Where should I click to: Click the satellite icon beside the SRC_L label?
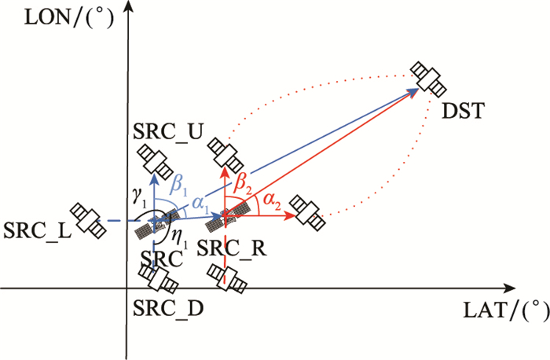[87, 219]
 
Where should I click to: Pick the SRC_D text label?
[167, 307]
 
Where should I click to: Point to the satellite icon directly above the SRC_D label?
[159, 279]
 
